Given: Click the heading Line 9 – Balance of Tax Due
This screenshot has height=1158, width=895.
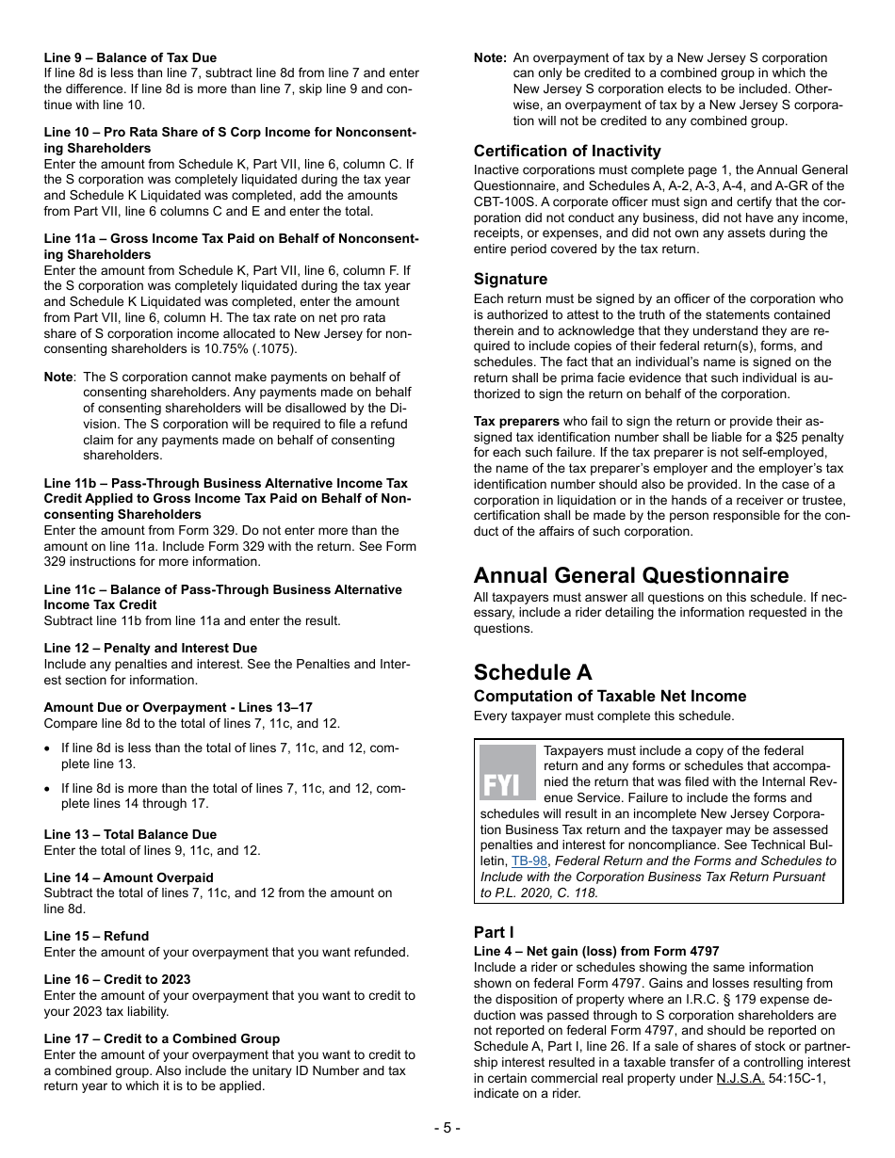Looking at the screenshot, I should [130, 57].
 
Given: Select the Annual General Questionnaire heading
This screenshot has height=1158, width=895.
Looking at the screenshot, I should [631, 575].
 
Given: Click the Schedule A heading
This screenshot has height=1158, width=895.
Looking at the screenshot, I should [532, 672].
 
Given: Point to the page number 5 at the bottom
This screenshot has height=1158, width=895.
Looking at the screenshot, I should [447, 1128].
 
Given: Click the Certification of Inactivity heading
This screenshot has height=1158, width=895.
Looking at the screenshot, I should [567, 151].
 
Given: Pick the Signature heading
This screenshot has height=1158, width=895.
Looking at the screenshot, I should [510, 279].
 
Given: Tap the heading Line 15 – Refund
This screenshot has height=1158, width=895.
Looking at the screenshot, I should [96, 936].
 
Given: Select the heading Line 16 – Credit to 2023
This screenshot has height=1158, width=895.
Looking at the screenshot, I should [117, 979].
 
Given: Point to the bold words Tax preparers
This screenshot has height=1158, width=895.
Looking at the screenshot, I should [516, 421].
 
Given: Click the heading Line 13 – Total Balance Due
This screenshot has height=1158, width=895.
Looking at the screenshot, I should [130, 834].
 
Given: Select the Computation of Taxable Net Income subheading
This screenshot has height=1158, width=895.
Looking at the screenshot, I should [610, 696].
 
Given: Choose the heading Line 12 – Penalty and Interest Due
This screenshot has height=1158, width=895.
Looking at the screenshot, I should [150, 648].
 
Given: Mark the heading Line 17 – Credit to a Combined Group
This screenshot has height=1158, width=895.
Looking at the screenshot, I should [161, 1038].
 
